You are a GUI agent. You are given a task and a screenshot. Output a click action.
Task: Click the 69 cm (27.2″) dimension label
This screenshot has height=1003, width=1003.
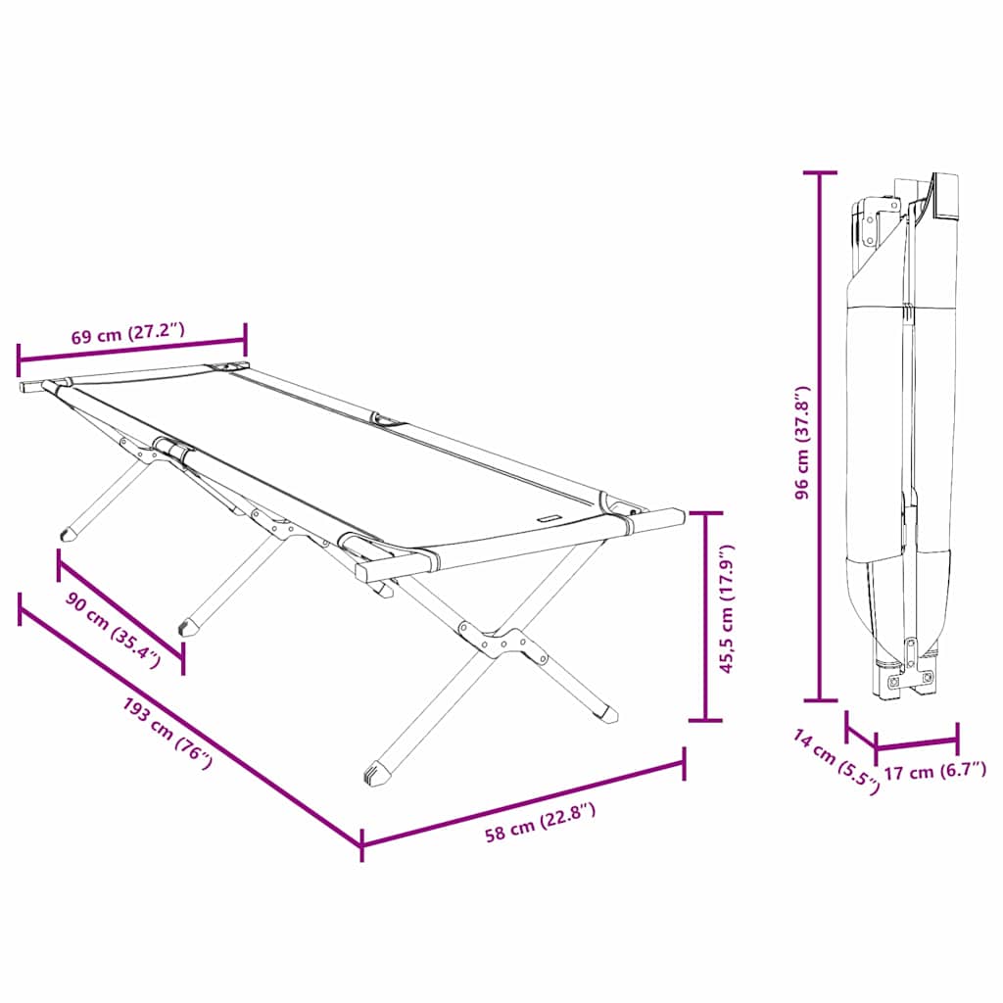(127, 334)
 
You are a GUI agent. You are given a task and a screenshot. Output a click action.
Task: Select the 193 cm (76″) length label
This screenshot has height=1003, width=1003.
(167, 735)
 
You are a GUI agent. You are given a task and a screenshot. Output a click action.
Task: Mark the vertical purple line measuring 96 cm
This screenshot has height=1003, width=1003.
(820, 436)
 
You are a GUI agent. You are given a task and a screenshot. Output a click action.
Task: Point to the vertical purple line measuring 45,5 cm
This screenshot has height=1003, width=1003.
(705, 616)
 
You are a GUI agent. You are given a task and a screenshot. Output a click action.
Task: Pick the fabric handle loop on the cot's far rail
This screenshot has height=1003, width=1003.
(389, 421)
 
